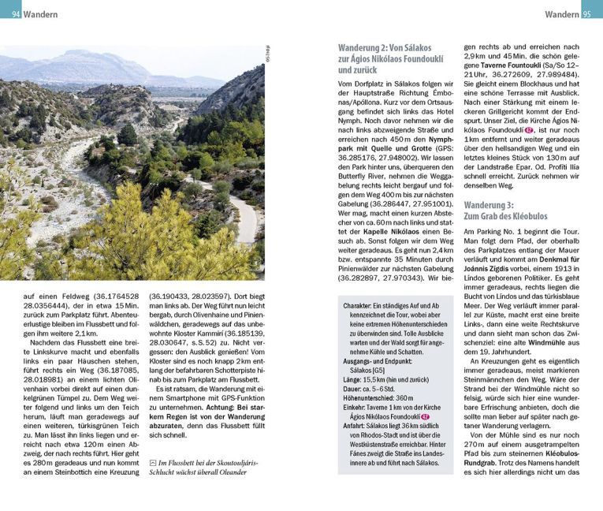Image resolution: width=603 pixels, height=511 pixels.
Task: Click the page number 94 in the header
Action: pos(16,14)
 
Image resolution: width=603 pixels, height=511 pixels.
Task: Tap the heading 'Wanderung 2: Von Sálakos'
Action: pos(386,47)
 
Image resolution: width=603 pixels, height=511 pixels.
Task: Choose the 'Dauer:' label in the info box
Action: pos(354,389)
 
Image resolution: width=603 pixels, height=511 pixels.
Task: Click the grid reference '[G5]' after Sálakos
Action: pos(379,368)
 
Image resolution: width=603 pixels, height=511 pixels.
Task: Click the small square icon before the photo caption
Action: pos(152,462)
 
